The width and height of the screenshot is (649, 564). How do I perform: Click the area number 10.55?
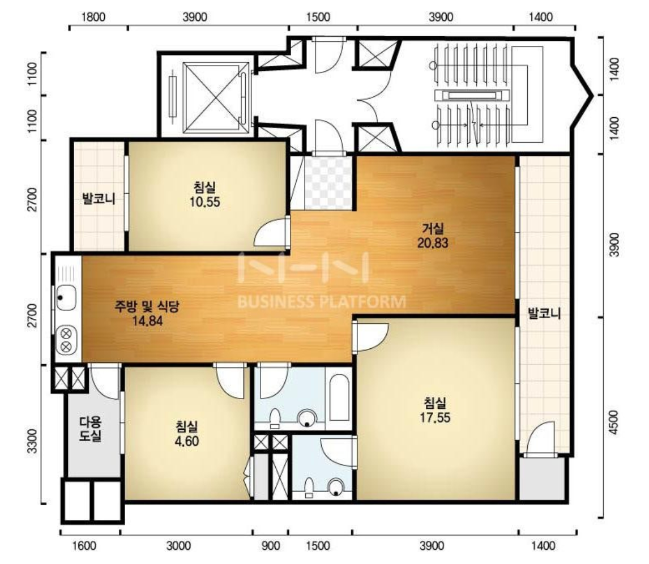[x=205, y=202]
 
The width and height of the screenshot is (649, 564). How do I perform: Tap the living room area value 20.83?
[x=433, y=242]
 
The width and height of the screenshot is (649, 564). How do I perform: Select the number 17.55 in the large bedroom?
[x=435, y=417]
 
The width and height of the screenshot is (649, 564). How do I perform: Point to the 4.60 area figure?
[x=187, y=441]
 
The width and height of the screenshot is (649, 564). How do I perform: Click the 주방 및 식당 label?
[x=147, y=306]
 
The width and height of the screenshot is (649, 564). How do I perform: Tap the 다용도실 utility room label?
[x=91, y=429]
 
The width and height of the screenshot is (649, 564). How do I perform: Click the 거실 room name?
[x=433, y=228]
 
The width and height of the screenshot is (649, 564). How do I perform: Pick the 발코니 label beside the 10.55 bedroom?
[x=99, y=199]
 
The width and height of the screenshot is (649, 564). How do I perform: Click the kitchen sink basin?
[x=66, y=298]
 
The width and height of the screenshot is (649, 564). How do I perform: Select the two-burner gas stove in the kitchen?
[x=66, y=340]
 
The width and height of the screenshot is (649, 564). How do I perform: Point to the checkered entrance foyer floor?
[x=328, y=182]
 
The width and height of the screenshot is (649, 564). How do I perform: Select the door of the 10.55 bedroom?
[x=271, y=231]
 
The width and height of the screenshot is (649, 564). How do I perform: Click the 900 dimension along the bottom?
[x=271, y=546]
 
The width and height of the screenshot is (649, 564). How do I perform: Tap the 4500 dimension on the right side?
[x=614, y=422]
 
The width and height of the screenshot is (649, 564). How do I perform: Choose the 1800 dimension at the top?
[x=93, y=17]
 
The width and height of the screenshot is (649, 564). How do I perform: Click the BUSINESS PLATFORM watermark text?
[x=322, y=302]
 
